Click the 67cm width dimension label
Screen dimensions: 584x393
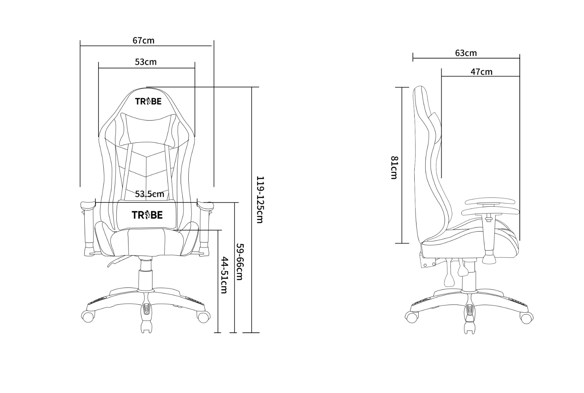point(143,41)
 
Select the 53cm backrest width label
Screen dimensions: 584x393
point(146,62)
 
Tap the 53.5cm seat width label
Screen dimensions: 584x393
point(150,194)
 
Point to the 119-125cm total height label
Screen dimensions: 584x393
point(260,200)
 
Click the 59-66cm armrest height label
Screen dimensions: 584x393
point(239,262)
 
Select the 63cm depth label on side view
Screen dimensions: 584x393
point(466,53)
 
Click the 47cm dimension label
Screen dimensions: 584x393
point(481,72)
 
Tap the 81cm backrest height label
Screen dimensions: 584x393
point(394,168)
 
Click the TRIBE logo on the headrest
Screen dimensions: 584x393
point(148,101)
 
